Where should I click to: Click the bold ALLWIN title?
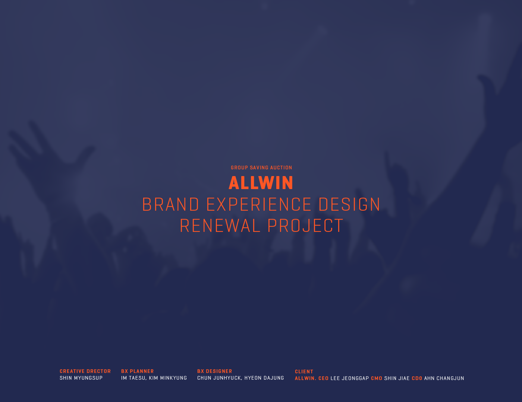tap(261, 183)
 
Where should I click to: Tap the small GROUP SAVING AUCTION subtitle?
tap(261, 167)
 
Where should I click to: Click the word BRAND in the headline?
tap(170, 204)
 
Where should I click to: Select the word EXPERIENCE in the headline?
tap(259, 204)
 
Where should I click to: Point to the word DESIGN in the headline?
tap(349, 204)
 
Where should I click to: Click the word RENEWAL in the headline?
tap(220, 226)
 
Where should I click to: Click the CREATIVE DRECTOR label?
tap(85, 371)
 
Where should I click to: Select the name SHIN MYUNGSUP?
tap(81, 378)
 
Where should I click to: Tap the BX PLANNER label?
tap(138, 371)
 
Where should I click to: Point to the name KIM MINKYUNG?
tap(168, 378)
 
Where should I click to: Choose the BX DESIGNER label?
tap(214, 371)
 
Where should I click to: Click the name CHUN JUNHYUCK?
tap(220, 378)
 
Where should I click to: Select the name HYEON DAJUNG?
tap(264, 378)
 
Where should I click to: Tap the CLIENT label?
tap(304, 372)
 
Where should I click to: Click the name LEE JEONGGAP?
tap(350, 379)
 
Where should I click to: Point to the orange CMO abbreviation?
tap(377, 379)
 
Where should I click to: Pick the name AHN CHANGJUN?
tap(444, 379)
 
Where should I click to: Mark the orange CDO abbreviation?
tap(417, 379)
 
